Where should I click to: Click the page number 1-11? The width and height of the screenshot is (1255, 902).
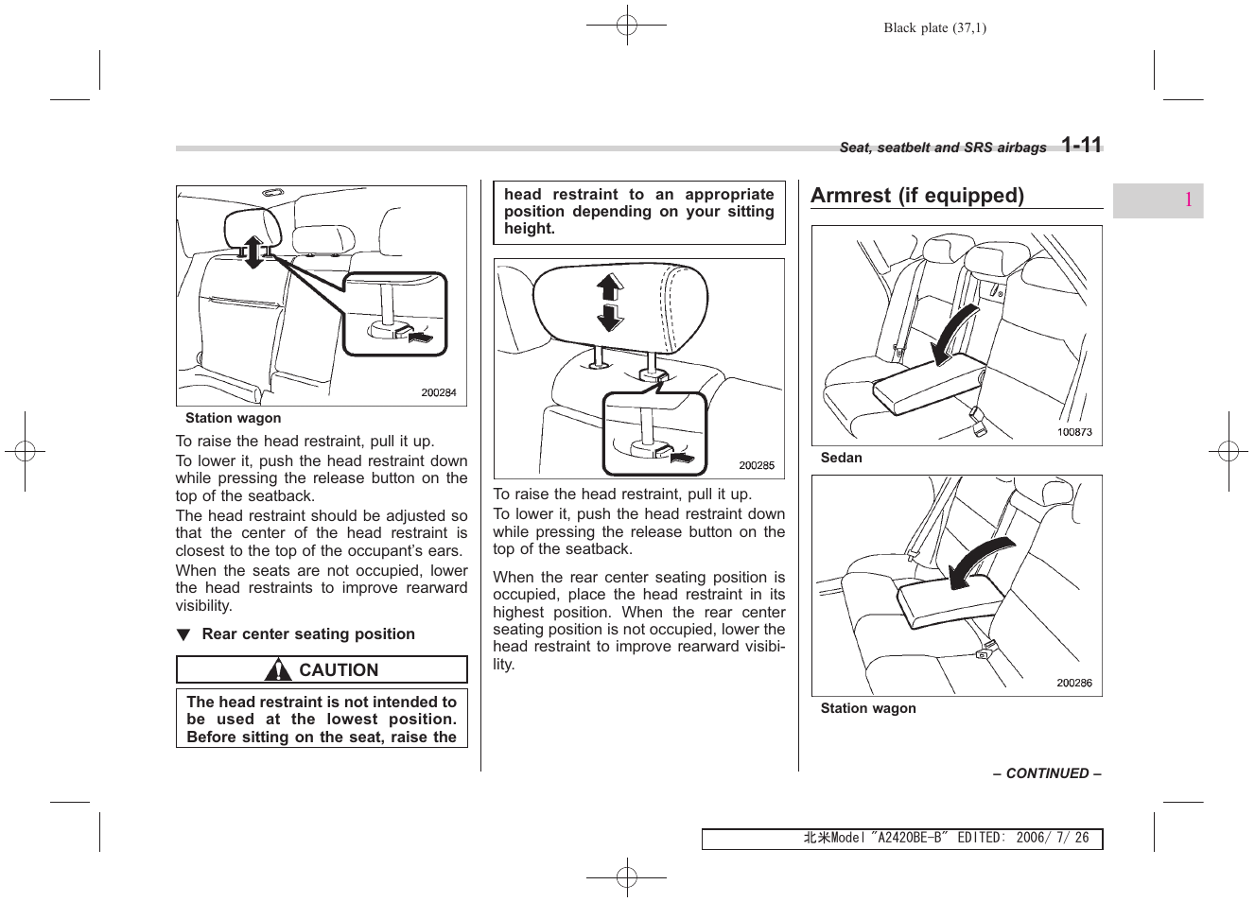click(1080, 145)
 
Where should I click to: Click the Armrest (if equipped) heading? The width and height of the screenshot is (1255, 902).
click(916, 196)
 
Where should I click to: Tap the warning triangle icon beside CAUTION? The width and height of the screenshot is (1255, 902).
click(278, 671)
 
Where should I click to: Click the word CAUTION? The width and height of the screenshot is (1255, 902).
click(339, 670)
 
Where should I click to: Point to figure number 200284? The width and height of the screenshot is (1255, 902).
click(438, 392)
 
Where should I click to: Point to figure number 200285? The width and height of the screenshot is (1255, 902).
click(756, 465)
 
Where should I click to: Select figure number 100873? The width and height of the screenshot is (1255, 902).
click(1073, 432)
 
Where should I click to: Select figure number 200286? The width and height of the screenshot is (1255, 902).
click(1073, 683)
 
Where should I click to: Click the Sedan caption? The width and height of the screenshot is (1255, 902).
click(841, 458)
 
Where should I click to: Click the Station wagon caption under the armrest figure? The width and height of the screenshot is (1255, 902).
click(867, 708)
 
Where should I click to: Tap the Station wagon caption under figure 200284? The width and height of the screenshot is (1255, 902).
click(233, 418)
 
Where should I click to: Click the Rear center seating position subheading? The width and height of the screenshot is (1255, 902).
click(308, 634)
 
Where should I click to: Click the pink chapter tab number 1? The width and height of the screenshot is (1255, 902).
click(1186, 199)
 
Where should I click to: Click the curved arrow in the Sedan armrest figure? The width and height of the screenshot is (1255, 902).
click(956, 335)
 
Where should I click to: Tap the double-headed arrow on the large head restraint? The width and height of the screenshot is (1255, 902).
click(610, 302)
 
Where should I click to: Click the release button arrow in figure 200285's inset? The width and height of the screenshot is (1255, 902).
click(685, 457)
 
